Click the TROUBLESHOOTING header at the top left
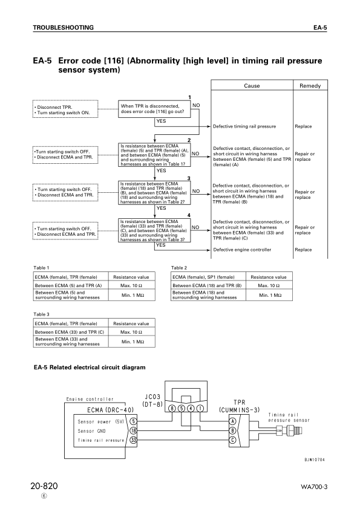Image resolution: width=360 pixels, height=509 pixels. pos(63,28)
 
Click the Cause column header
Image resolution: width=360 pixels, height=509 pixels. pos(251,86)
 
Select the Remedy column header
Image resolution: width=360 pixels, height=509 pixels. pos(310,86)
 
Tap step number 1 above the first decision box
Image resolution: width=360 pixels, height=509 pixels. pos(189,97)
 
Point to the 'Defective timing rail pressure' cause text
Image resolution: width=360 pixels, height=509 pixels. pos(244,127)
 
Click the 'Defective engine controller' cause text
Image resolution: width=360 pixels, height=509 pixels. pos(241,250)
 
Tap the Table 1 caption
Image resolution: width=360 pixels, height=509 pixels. pos(41,267)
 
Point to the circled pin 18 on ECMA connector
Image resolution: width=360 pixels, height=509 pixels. pos(133,430)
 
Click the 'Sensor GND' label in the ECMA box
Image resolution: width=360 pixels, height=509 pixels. pos(94,430)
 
